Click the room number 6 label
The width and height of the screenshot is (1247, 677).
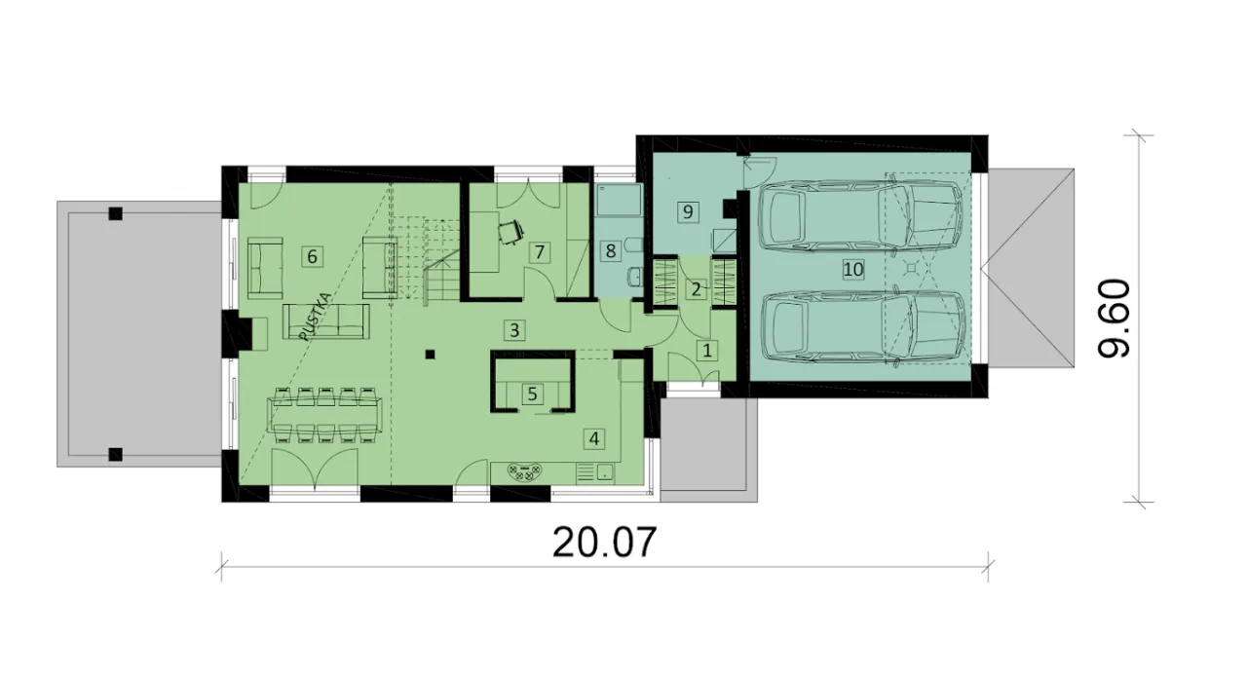312,256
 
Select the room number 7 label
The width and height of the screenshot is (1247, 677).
539,252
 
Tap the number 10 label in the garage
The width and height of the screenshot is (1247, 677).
852,270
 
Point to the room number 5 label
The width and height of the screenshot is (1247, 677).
532,395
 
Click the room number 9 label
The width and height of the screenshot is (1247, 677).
688,212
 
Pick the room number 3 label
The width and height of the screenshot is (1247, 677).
514,330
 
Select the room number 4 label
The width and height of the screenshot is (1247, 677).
594,438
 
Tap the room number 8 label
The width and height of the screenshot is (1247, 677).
611,251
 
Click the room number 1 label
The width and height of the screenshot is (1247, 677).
707,351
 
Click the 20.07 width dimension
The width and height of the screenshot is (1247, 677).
605,543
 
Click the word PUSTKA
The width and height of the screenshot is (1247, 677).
315,317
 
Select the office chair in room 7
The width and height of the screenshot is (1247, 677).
511,232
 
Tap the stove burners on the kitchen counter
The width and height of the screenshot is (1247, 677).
525,472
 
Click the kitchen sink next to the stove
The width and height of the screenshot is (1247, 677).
605,472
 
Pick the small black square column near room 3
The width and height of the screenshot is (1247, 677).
430,355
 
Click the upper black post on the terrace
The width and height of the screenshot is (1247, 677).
115,213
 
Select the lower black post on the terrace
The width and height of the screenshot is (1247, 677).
115,454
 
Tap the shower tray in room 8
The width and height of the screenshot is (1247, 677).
620,200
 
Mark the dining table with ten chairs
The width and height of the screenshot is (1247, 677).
324,415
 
